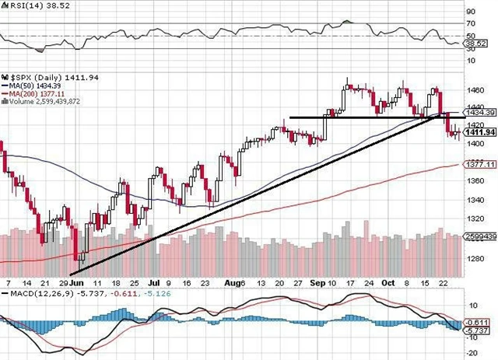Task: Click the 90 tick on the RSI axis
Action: point(469,12)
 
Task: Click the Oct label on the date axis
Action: point(389,285)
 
